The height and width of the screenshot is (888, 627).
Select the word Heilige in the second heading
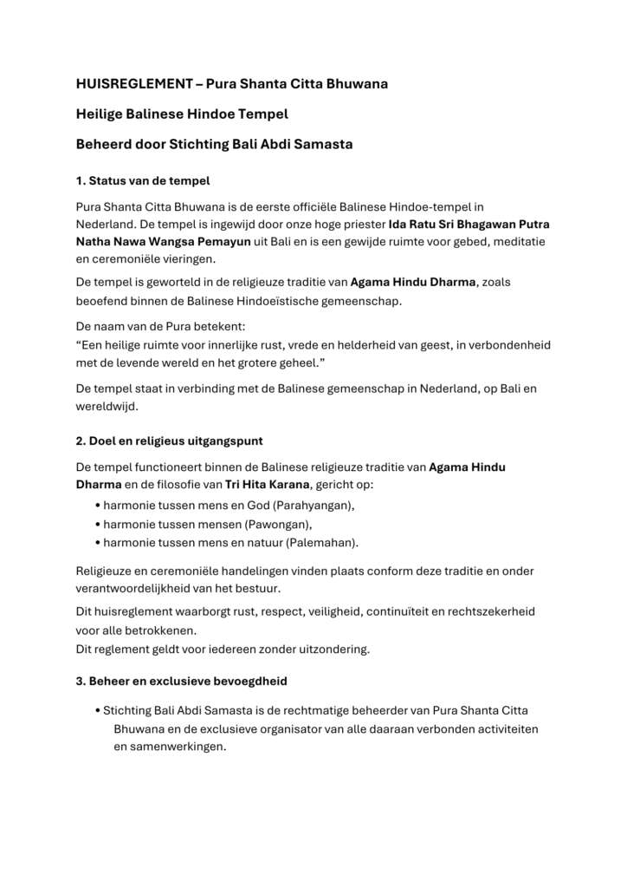(x=100, y=114)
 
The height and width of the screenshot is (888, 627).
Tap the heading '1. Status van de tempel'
(x=143, y=181)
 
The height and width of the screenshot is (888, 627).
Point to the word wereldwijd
(x=107, y=406)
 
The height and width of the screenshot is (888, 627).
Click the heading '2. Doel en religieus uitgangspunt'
(x=170, y=441)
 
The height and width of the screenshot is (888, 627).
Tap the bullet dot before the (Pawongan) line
(x=98, y=524)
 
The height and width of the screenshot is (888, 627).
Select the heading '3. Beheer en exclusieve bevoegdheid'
(x=181, y=682)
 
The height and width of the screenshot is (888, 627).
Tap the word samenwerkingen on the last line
(x=170, y=747)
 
